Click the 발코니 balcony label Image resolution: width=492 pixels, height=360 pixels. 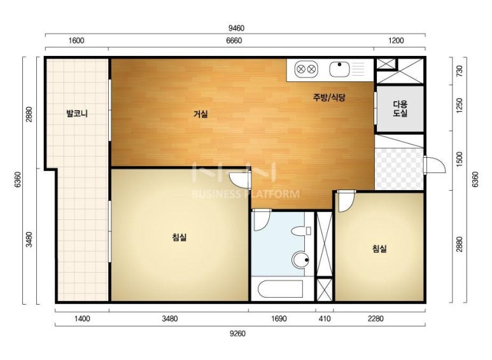click(77, 113)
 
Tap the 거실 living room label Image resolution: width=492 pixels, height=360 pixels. click(200, 114)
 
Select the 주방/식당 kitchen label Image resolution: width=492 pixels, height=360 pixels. click(329, 97)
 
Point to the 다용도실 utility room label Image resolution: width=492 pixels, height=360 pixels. click(400, 109)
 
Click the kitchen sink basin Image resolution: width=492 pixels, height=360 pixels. click(339, 69)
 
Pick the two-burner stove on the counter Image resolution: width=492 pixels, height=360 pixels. click(306, 69)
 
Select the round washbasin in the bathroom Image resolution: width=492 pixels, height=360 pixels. click(301, 260)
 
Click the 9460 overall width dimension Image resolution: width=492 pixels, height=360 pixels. click(236, 28)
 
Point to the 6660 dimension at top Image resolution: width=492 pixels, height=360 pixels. click(234, 41)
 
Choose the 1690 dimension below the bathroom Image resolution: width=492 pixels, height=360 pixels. click(279, 319)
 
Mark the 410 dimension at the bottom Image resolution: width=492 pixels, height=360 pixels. click(325, 319)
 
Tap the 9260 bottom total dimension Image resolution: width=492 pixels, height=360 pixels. click(237, 333)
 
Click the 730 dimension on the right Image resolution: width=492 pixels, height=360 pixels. click(460, 71)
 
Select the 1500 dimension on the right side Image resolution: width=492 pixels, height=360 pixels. click(460, 159)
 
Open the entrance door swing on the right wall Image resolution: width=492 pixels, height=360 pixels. click(435, 164)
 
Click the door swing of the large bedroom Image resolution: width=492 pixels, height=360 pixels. click(240, 180)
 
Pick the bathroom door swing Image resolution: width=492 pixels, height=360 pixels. click(262, 220)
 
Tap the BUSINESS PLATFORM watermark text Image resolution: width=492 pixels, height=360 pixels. click(246, 194)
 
